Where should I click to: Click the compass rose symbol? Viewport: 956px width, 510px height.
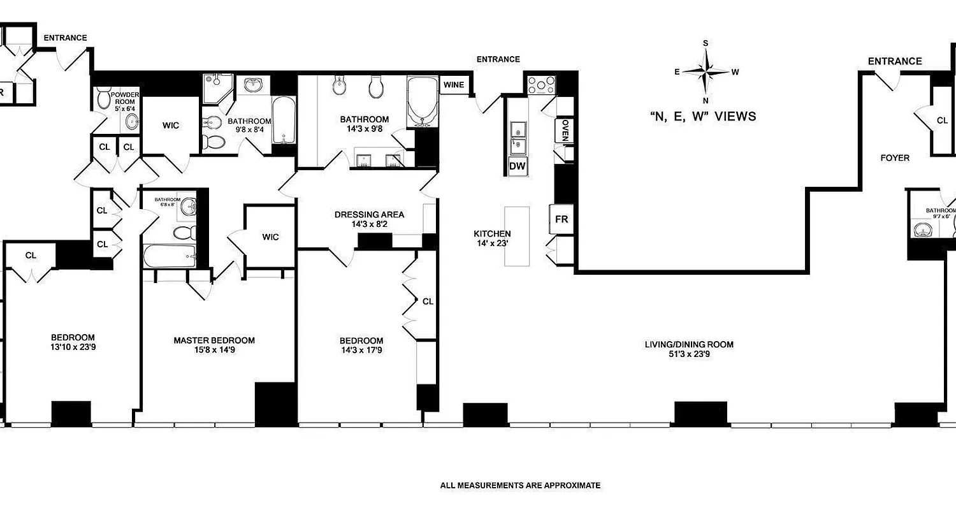tap(706, 71)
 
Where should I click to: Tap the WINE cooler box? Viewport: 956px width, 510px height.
tap(454, 85)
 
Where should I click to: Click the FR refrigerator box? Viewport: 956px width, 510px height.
tap(561, 219)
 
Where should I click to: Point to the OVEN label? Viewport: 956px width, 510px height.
tap(565, 131)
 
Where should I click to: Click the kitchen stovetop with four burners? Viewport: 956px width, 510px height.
tap(541, 85)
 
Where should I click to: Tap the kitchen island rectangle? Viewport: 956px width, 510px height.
tap(518, 236)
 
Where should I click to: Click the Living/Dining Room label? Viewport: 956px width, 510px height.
tap(688, 345)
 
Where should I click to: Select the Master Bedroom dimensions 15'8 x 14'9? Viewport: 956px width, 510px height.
tap(214, 350)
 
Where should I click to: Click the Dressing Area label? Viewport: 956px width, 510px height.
tap(369, 215)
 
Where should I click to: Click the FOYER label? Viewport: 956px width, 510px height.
tap(895, 157)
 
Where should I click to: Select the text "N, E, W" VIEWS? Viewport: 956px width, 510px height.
tap(702, 117)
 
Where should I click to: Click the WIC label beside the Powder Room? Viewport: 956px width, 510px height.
tap(170, 126)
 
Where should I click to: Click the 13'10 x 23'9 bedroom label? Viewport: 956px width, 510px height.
tap(73, 342)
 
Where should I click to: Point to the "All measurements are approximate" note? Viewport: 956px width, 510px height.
tap(520, 486)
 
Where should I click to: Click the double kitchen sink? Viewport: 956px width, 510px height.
tap(517, 137)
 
